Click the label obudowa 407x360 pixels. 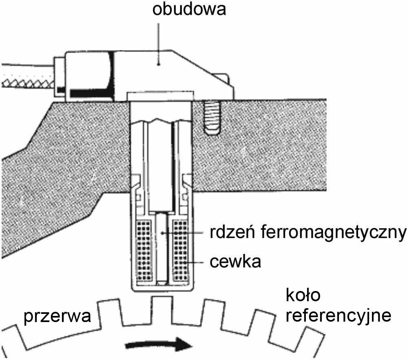[189, 9]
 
